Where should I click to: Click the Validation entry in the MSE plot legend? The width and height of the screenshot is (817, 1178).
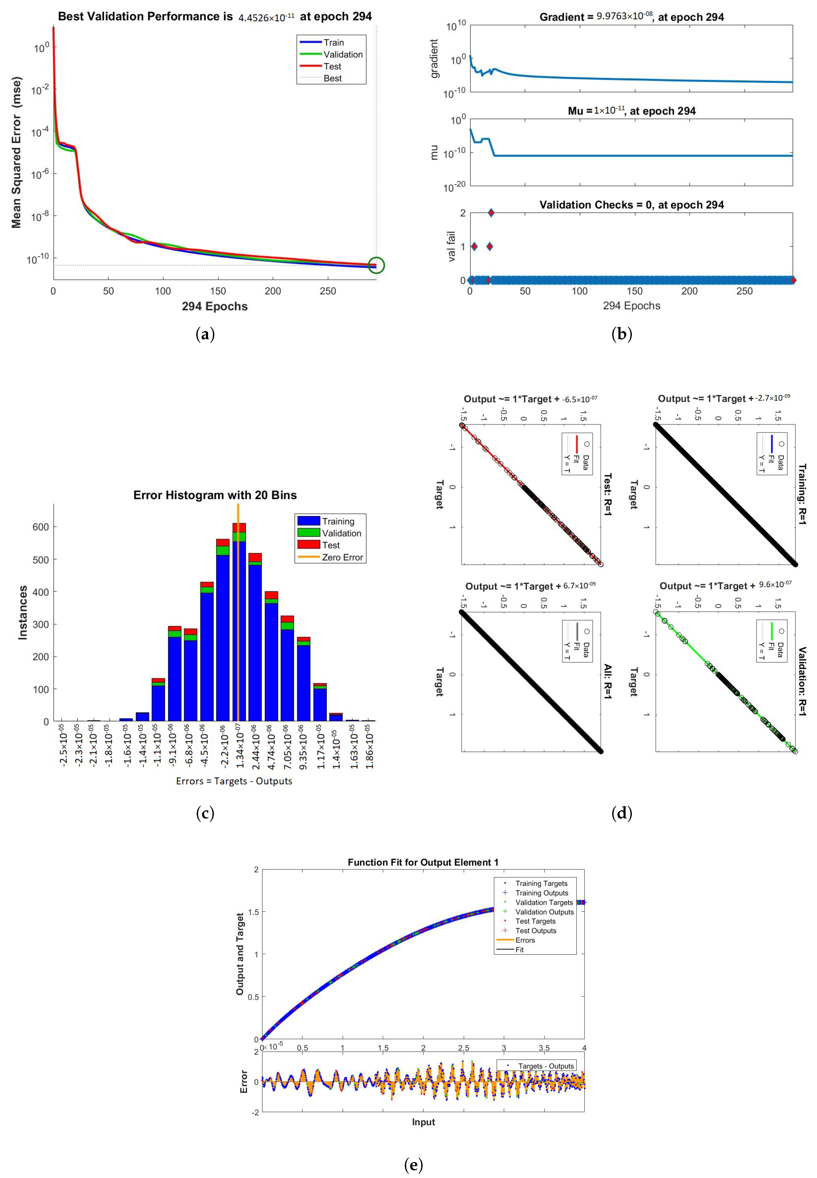point(343,54)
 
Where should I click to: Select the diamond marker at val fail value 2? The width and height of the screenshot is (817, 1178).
point(491,213)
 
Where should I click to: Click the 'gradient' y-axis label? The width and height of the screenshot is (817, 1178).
point(435,58)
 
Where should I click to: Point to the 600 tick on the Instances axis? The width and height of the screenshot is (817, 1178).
point(41,527)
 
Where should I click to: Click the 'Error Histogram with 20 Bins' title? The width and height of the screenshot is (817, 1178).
point(215,495)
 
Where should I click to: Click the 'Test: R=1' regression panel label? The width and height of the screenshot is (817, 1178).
point(608,494)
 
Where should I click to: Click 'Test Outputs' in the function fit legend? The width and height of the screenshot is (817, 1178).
point(536,931)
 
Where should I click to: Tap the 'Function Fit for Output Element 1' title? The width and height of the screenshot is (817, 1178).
point(423,862)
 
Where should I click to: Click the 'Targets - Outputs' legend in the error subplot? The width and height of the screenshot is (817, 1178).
point(546,1066)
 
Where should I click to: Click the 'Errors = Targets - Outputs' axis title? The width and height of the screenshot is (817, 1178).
point(234,781)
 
